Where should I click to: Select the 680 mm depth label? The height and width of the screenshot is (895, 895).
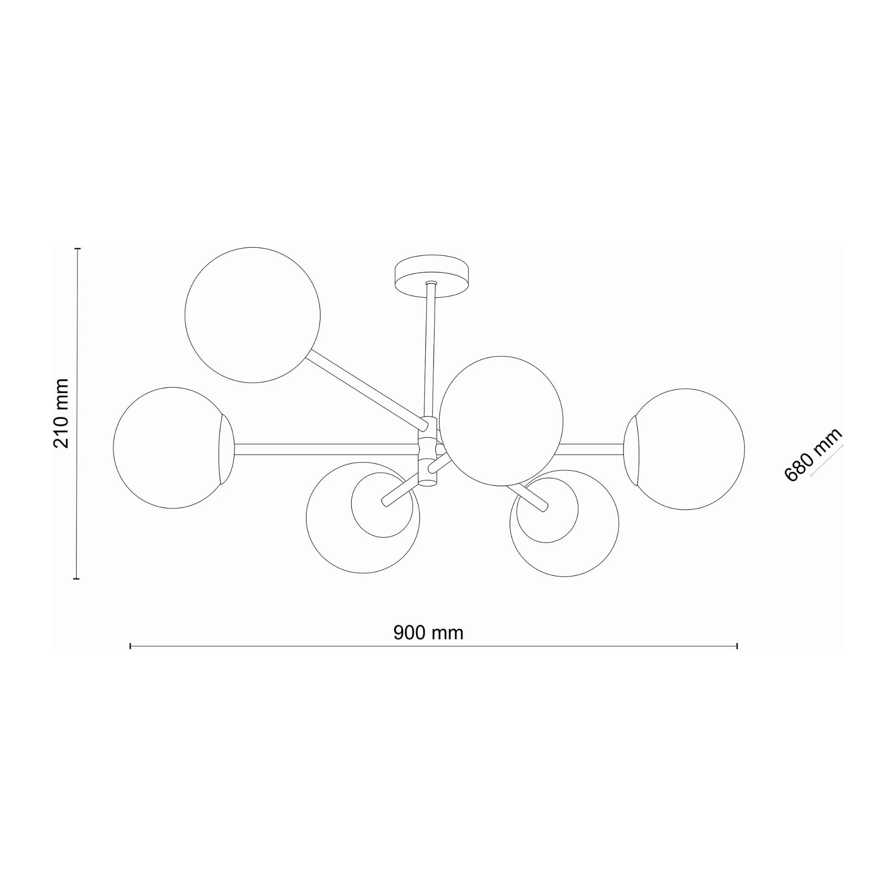(x=813, y=455)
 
